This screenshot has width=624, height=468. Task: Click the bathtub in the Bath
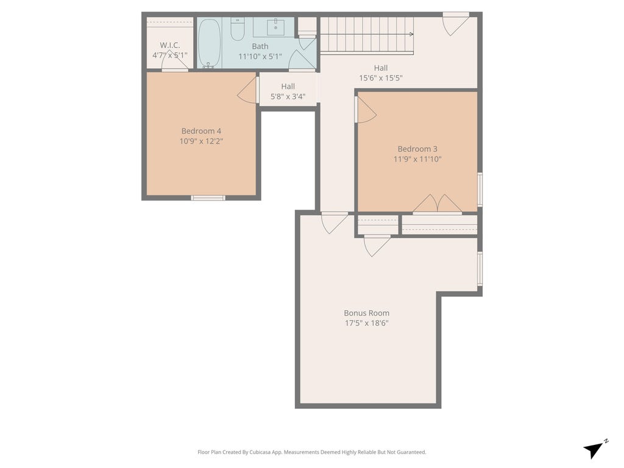coord(210,43)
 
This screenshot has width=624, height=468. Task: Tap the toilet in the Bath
coord(238,29)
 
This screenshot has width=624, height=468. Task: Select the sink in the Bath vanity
coord(275,26)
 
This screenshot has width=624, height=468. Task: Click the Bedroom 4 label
coord(201,131)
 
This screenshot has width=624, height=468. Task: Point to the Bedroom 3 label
coord(417,149)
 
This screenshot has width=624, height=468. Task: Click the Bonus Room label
coord(366,313)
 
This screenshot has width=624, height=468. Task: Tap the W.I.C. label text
coord(170,45)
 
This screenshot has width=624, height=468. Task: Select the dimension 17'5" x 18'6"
coord(366,323)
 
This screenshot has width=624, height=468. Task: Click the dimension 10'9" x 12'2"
coord(201,141)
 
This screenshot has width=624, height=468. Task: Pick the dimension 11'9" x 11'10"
coord(417,159)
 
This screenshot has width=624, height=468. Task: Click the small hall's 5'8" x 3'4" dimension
coord(288,96)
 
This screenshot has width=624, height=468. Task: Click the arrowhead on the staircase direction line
coord(411,34)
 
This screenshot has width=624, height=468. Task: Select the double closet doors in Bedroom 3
coord(438,204)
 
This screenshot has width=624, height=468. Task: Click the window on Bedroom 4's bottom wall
coord(208,198)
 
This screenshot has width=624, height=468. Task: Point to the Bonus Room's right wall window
coord(480,269)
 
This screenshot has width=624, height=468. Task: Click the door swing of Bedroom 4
coord(247,90)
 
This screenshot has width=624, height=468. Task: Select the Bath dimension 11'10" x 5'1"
coord(260,57)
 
